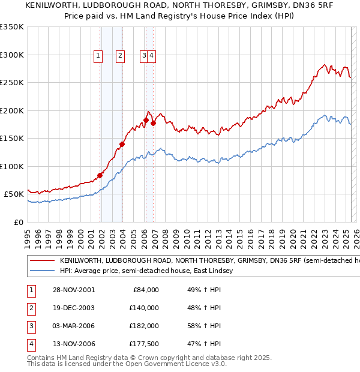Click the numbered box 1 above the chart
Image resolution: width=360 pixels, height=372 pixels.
click(x=98, y=56)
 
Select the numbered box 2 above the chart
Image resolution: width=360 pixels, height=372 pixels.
click(x=120, y=56)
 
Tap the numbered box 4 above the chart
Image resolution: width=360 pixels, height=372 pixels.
click(x=152, y=56)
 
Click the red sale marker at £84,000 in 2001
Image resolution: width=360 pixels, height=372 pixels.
click(x=100, y=175)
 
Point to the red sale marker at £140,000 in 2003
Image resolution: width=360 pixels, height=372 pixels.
click(x=122, y=144)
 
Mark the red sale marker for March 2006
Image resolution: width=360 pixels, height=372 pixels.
click(x=146, y=121)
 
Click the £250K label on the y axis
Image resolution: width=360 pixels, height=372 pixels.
click(x=12, y=83)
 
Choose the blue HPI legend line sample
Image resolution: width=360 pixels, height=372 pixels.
click(x=42, y=271)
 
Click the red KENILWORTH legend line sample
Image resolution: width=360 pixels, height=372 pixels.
click(x=42, y=261)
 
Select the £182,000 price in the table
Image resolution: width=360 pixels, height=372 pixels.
click(x=144, y=326)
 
